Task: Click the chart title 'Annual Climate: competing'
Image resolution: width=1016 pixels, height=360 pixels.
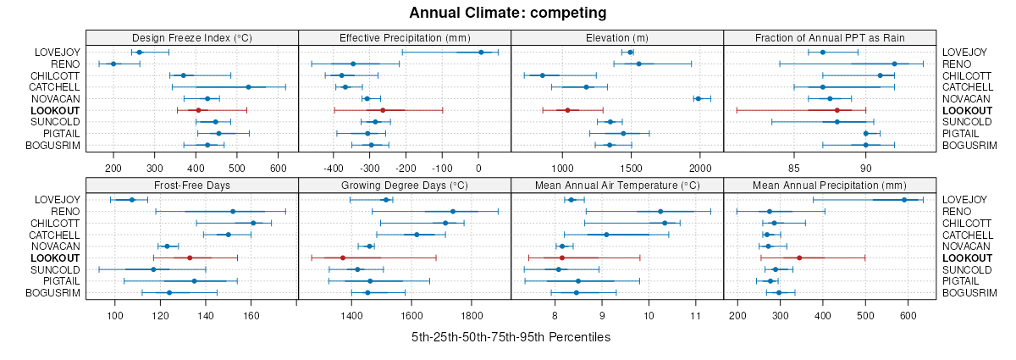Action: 508,13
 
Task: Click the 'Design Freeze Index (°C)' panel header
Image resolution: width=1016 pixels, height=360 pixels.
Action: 192,37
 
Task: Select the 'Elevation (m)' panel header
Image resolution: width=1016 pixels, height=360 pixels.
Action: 617,37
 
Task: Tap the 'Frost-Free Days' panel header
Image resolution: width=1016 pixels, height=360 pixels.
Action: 192,185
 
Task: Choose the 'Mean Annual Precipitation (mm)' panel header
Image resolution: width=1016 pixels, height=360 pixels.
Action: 830,185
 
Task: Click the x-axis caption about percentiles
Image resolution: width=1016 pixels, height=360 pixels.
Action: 511,337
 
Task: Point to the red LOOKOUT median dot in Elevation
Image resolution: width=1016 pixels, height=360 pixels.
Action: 567,110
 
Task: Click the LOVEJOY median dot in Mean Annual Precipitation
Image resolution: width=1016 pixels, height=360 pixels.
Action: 904,200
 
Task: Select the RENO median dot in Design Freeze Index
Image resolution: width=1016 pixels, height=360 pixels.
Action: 113,64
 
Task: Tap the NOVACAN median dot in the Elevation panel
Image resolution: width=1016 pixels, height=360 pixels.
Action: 698,98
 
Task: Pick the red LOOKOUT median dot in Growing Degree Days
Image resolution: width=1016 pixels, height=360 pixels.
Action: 343,258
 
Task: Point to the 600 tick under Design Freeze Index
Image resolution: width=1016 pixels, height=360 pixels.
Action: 278,169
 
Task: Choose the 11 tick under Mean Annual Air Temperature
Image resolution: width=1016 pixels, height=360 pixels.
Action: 695,316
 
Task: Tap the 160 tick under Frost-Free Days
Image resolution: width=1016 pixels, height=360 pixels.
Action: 251,316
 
